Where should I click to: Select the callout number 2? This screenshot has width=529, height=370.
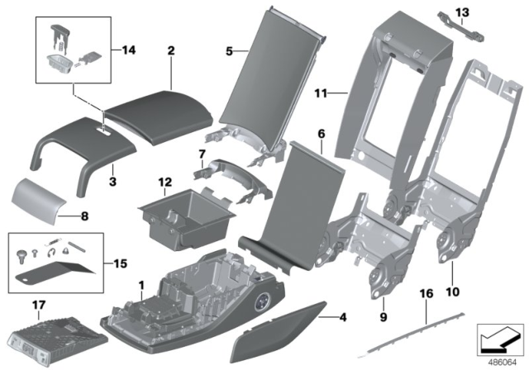[x=170, y=50]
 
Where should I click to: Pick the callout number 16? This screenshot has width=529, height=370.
[x=427, y=293]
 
